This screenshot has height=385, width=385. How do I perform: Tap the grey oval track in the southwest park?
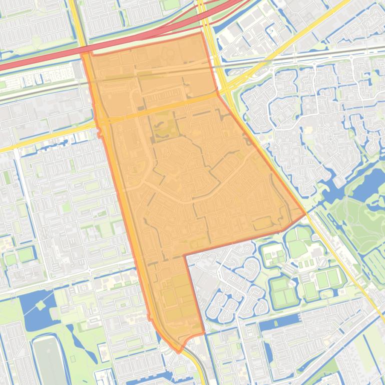tap(49, 360)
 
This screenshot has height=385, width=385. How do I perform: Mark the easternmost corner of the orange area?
tap(305, 214)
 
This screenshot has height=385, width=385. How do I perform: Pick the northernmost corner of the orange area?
tap(202, 33)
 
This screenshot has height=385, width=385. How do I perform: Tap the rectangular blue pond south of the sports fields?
tap(280, 323)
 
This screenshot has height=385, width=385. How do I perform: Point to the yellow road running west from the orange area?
tap(45, 137)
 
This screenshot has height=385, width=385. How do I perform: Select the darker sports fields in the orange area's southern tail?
tap(178, 295)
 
